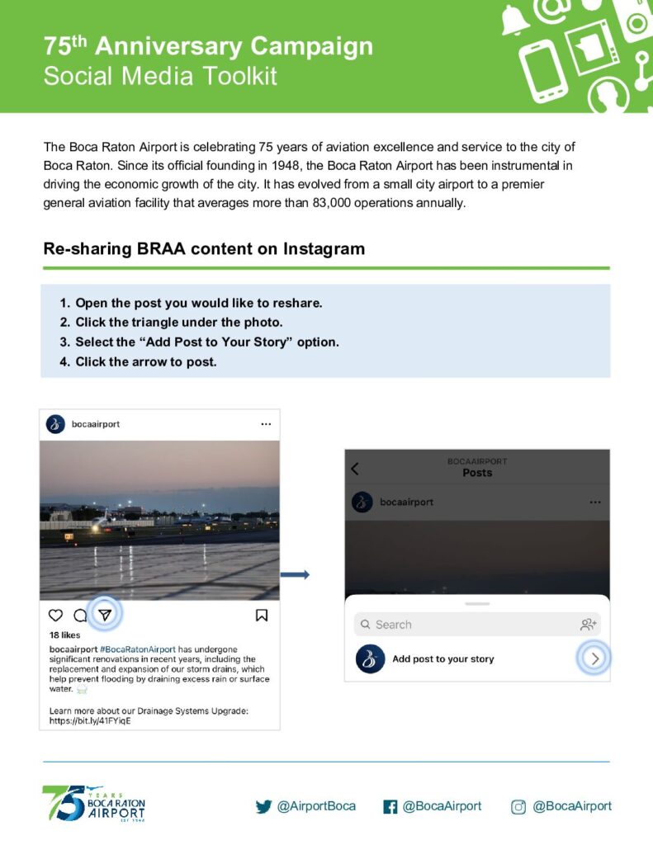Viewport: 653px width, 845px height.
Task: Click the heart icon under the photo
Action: click(x=55, y=615)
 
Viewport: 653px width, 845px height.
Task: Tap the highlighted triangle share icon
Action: click(x=105, y=614)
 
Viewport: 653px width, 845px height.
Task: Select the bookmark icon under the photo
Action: click(x=261, y=615)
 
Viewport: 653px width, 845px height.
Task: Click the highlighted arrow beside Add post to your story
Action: click(x=594, y=659)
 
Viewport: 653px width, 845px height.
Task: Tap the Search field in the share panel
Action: click(x=462, y=625)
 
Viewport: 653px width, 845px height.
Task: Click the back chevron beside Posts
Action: click(x=355, y=469)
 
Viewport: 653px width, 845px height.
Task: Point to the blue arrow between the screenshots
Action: click(x=296, y=574)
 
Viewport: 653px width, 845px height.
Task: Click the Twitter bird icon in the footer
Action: click(x=263, y=807)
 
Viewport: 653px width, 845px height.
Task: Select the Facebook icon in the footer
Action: click(x=390, y=807)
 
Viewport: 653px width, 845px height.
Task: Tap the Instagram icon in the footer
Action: click(x=518, y=807)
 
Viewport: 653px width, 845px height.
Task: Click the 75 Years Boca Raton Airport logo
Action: click(x=93, y=804)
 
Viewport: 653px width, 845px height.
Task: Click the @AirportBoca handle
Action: click(x=316, y=806)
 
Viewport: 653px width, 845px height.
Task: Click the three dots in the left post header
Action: click(x=266, y=424)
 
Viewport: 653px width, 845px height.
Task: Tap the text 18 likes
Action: click(x=65, y=636)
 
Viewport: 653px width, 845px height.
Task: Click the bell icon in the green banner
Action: click(x=515, y=19)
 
